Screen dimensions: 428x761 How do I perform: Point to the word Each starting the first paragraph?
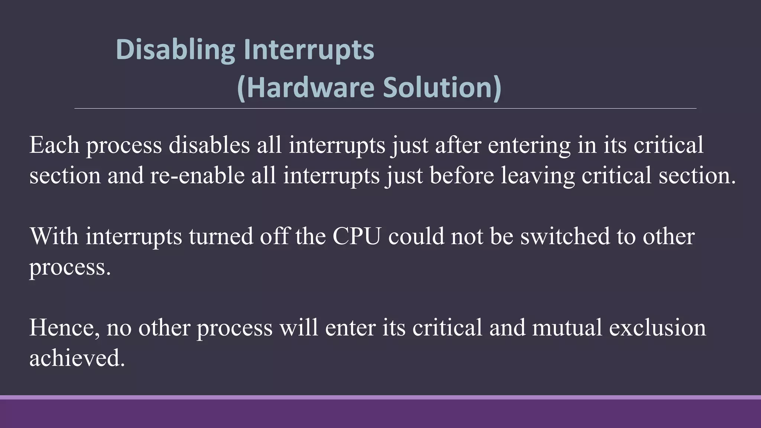54,145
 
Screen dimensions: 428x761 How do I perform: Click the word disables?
209,145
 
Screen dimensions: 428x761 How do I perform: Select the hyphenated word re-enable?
197,175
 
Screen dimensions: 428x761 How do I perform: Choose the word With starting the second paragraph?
54,236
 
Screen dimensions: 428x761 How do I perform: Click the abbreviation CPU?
357,236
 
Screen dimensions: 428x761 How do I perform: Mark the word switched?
565,236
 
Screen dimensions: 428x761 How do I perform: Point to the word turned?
221,236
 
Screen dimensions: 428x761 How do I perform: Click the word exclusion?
657,328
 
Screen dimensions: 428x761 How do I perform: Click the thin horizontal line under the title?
385,108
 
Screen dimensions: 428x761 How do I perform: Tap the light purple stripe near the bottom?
380,397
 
